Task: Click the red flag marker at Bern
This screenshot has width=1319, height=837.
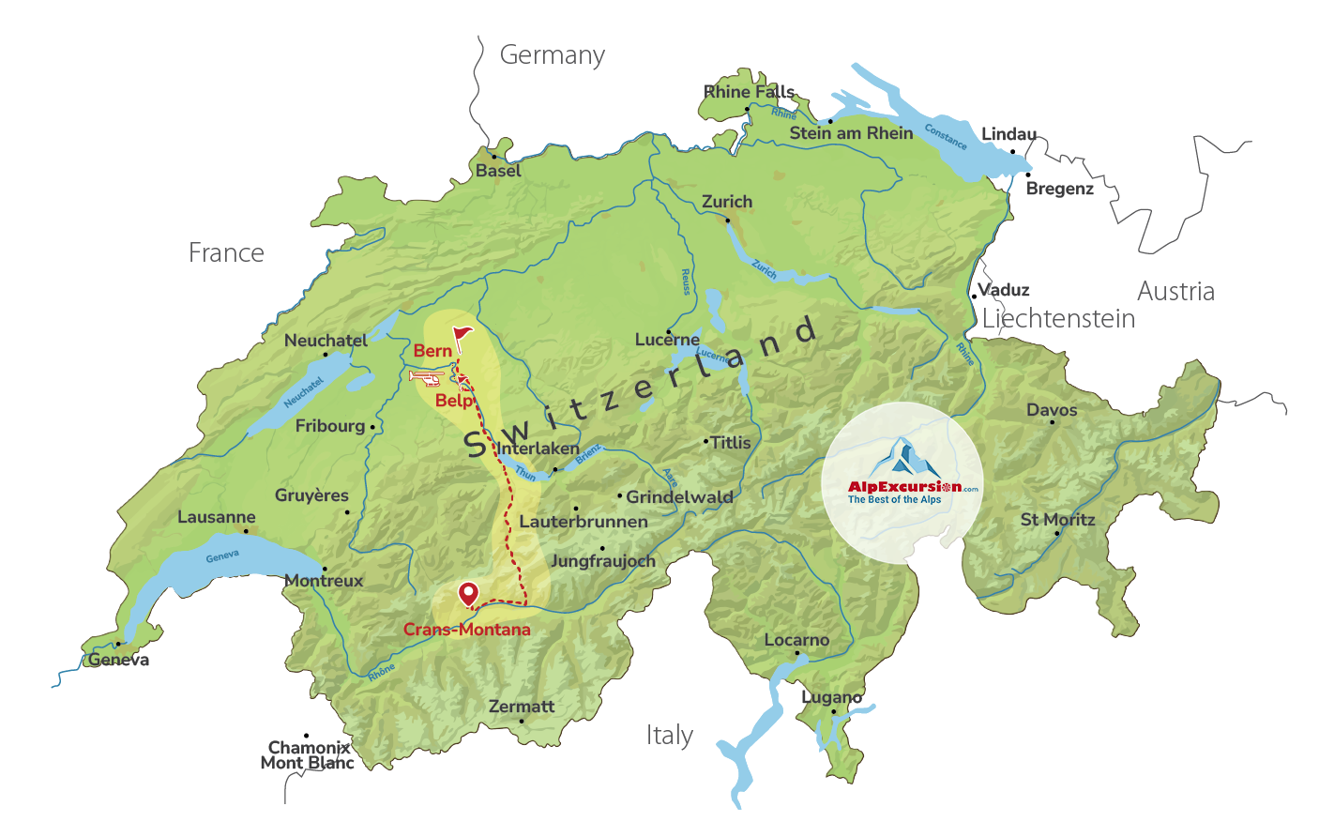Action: point(462,335)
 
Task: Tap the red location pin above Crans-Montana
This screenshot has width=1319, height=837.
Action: point(467,594)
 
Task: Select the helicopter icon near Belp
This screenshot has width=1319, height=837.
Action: point(428,377)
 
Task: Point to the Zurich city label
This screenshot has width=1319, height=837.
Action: point(727,202)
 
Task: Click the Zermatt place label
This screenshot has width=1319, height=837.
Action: point(522,707)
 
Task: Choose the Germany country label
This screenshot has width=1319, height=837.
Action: point(552,55)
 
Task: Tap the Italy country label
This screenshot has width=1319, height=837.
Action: point(669,735)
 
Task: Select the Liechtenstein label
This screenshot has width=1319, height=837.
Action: point(1058,319)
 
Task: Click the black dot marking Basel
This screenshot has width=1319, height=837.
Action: point(494,157)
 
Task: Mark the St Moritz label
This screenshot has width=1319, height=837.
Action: point(1057,520)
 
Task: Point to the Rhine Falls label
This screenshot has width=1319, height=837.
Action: point(749,92)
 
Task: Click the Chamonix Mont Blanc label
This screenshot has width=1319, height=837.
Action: point(308,755)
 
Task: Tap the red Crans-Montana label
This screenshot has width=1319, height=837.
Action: point(466,630)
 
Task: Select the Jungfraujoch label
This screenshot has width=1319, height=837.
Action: point(602,561)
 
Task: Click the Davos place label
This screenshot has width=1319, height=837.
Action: point(1052,410)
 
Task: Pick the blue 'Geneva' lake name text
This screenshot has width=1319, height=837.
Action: point(222,556)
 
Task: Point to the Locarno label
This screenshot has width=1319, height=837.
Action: point(796,640)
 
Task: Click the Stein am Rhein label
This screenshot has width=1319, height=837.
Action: point(851,133)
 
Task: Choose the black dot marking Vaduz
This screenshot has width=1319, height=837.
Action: point(974,297)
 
